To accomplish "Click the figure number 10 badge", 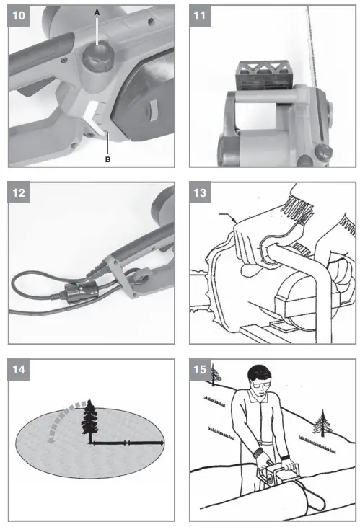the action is (x=19, y=15).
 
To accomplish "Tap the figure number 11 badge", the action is (x=200, y=15).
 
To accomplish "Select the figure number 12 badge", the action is (x=19, y=192).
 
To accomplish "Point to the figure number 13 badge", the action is (x=200, y=192).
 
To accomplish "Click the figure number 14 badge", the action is (x=19, y=370).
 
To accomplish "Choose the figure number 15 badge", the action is (x=200, y=370).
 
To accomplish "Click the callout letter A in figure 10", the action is (x=97, y=13).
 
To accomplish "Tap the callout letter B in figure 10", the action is (x=107, y=159).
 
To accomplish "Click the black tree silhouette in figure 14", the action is (x=90, y=420).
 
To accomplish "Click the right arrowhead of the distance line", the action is (x=162, y=443).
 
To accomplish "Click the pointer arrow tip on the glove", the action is (x=235, y=221).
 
